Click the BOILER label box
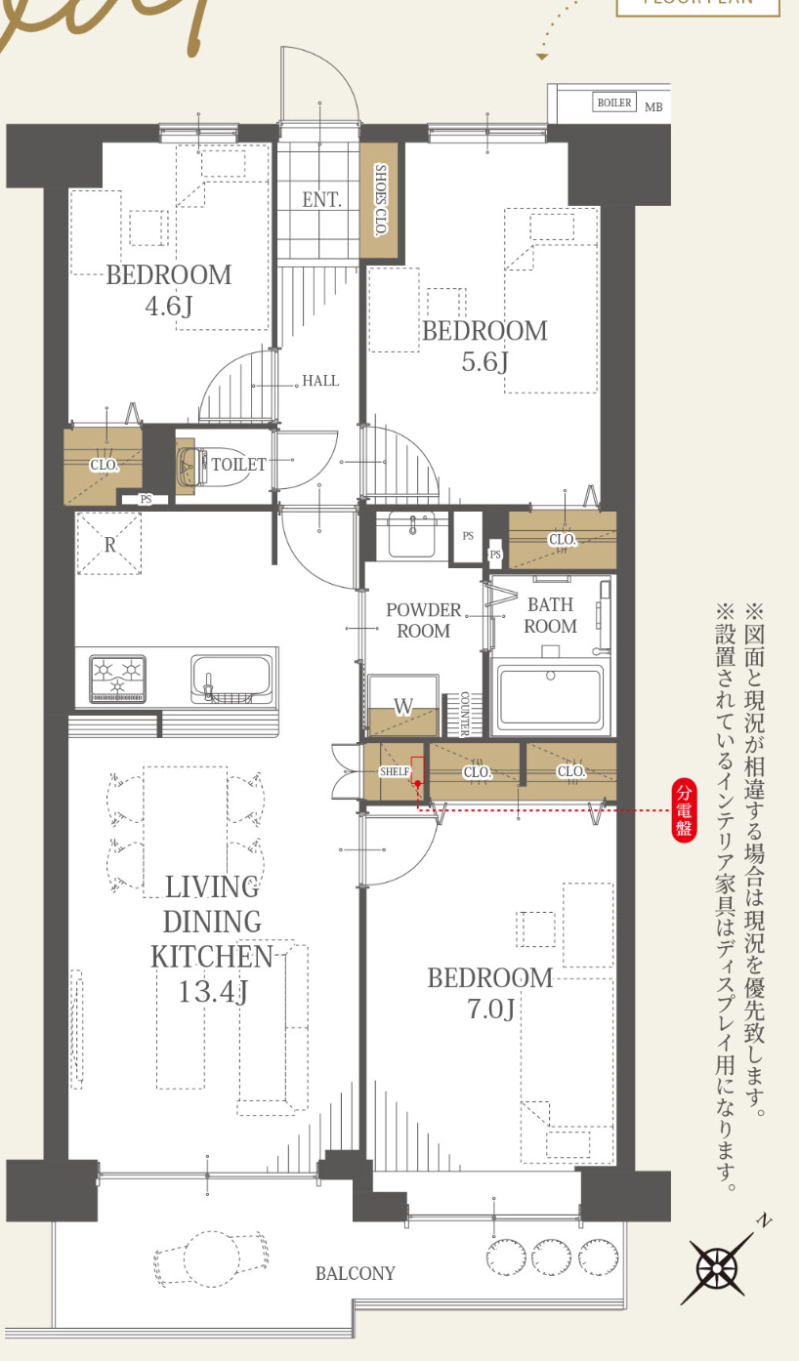click(x=614, y=103)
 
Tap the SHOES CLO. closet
click(x=379, y=201)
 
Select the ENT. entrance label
click(x=321, y=200)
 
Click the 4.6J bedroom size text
click(x=169, y=307)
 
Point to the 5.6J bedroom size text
click(x=485, y=362)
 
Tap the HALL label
click(x=320, y=381)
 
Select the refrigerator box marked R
click(x=109, y=544)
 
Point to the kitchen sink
click(x=231, y=677)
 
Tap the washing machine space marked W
click(x=403, y=706)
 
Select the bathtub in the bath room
click(x=551, y=695)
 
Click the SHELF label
click(x=394, y=771)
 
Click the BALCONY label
click(x=356, y=1273)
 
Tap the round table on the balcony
click(x=211, y=1258)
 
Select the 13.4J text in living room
click(x=213, y=991)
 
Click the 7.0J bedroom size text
click(x=490, y=1009)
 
